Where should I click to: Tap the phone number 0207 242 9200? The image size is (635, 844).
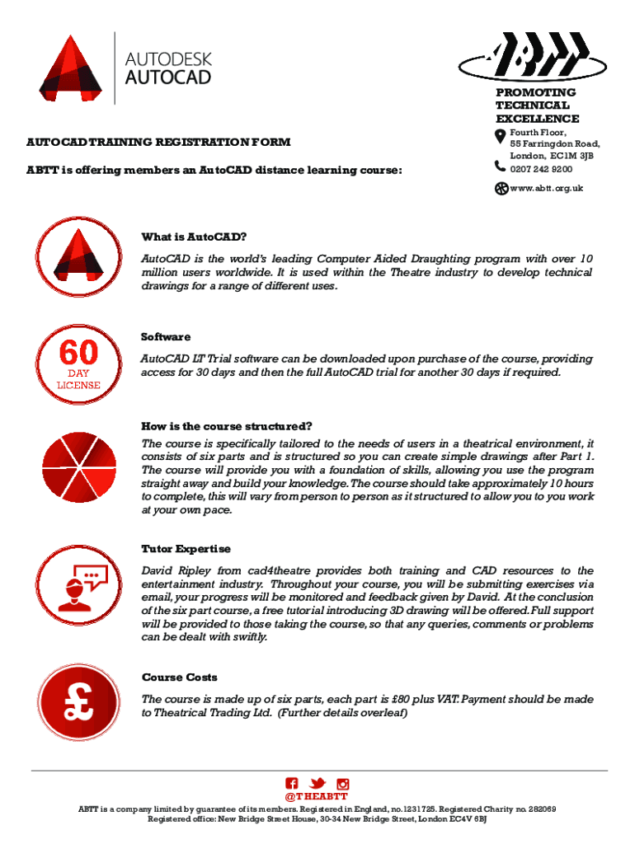coord(541,169)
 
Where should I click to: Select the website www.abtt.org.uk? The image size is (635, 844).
coord(547,188)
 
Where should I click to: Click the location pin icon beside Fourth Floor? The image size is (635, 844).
coord(500,137)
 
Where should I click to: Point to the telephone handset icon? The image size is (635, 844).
coord(500,167)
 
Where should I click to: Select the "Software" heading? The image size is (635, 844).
coord(166,337)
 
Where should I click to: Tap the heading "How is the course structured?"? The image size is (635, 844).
coord(227,426)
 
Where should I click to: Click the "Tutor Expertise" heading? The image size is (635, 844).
coord(186,549)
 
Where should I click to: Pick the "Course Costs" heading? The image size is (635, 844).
coord(180,678)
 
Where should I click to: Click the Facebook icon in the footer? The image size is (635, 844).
coord(292,783)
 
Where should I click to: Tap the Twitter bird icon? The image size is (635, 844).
coord(317,783)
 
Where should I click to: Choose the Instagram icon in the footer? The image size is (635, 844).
coord(343,783)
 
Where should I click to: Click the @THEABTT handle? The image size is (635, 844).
coord(317,798)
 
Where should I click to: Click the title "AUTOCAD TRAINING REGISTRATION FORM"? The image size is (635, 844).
coord(158,143)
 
